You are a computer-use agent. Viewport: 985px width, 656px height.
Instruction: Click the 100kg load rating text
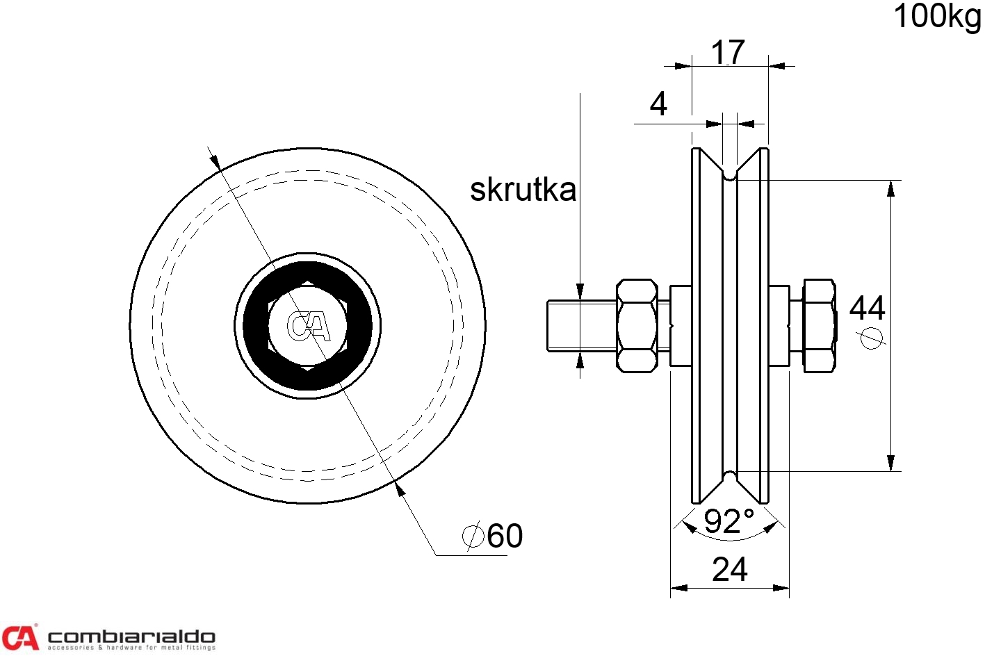[937, 17]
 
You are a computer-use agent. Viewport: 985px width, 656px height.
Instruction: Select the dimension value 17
[728, 52]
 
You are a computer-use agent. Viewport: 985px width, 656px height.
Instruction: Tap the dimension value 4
[658, 104]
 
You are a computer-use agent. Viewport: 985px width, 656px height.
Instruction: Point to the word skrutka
[523, 190]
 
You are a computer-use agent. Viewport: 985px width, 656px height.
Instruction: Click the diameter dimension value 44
[867, 308]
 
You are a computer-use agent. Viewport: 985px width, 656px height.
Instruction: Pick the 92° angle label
[728, 522]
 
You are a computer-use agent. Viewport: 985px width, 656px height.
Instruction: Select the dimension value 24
[729, 570]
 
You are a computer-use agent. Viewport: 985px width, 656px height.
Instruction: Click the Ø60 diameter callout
[493, 536]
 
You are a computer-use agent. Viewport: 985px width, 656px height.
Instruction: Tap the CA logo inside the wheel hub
[307, 326]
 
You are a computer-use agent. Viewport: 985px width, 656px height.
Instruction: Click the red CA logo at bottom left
[19, 637]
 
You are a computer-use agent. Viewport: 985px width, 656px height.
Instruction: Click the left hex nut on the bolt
[636, 325]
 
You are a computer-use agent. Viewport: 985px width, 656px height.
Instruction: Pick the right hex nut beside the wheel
[819, 325]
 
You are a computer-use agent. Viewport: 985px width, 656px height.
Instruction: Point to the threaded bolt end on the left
[580, 325]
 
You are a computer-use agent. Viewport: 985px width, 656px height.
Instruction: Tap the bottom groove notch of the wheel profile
[729, 477]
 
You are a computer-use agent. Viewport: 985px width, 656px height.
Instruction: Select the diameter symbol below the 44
[870, 338]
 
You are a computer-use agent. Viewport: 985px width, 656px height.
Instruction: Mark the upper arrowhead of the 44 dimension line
[890, 188]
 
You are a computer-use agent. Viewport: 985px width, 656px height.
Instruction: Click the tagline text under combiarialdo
[131, 648]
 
